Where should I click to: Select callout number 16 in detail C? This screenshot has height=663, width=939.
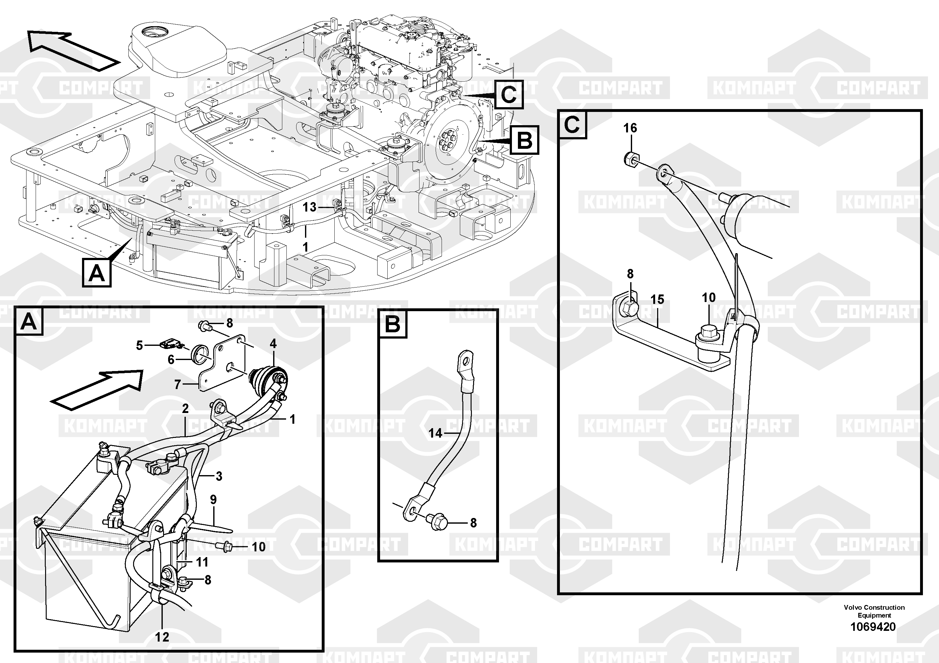tap(630, 128)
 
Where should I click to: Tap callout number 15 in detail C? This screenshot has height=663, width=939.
tap(657, 300)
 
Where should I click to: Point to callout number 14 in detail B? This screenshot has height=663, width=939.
tap(436, 433)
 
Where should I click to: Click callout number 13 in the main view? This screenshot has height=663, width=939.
tap(310, 207)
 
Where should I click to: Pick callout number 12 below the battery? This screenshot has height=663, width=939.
tap(162, 637)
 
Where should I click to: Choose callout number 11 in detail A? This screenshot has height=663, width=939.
tap(202, 562)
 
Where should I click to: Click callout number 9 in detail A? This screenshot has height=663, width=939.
tap(213, 499)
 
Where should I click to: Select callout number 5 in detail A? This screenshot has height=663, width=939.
tap(139, 346)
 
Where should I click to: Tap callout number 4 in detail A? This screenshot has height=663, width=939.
tap(273, 344)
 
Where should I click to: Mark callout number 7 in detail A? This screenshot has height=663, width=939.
tap(178, 385)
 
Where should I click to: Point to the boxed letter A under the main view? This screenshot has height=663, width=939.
tap(97, 273)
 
